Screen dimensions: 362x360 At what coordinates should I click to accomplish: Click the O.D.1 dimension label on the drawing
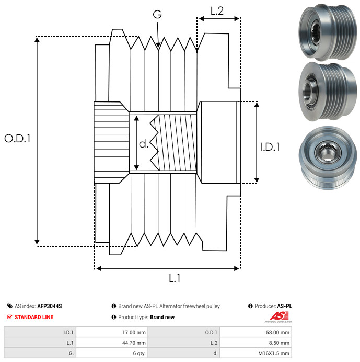[x=18, y=139]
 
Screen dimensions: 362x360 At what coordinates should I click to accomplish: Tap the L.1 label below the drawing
[x=175, y=279]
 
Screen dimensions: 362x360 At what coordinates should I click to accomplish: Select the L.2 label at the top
[x=217, y=10]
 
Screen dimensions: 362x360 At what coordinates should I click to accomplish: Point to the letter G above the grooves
[x=157, y=15]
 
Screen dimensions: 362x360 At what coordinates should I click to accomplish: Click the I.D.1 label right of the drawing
[x=270, y=148]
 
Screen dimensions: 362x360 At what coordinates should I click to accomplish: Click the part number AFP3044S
[x=53, y=306]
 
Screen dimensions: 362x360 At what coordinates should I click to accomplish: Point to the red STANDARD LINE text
[x=33, y=317]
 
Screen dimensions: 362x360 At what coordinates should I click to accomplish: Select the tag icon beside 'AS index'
[x=10, y=306]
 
